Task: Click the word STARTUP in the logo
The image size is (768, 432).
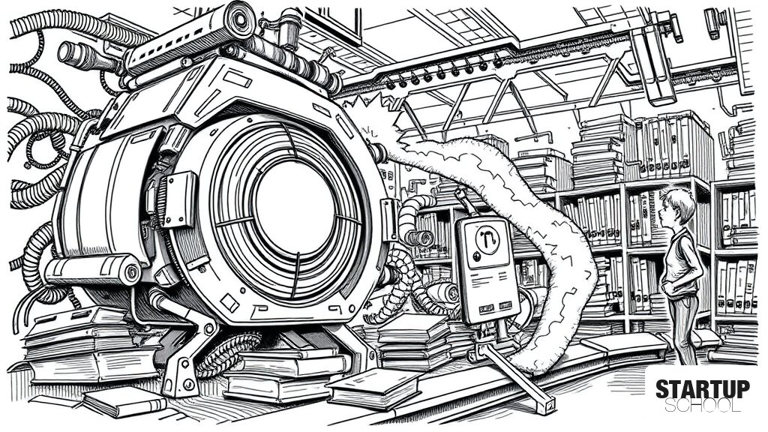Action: coord(702,389)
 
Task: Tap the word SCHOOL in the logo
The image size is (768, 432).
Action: coord(702,406)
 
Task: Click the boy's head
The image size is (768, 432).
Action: coord(677,206)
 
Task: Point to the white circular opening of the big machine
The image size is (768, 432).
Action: coord(295,205)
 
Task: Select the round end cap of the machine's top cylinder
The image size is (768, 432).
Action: coord(239,19)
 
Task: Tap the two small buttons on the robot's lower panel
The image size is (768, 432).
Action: coord(495,307)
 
